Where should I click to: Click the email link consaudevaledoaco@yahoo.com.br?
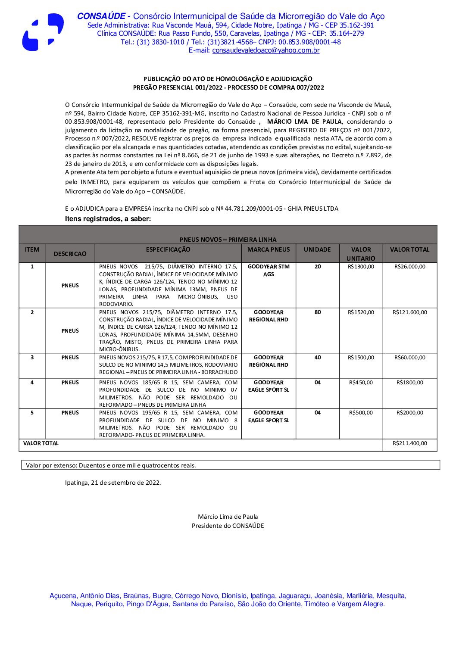pyautogui.click(x=265, y=50)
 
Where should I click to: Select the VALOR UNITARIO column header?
pyautogui.click(x=361, y=254)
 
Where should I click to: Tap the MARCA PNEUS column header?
pyautogui.click(x=269, y=249)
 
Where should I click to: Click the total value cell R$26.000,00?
pyautogui.click(x=409, y=267)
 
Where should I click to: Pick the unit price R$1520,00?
pyautogui.click(x=361, y=312)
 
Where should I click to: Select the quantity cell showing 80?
pyautogui.click(x=318, y=312)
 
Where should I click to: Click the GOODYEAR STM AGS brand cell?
pyautogui.click(x=269, y=270)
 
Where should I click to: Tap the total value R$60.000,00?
pyautogui.click(x=409, y=358)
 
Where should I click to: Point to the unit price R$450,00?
pyautogui.click(x=361, y=383)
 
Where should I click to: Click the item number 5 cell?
pyautogui.click(x=32, y=413)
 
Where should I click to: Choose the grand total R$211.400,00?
pyautogui.click(x=409, y=443)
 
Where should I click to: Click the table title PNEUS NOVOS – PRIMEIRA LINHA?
pyautogui.click(x=228, y=240)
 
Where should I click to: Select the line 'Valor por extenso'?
pyautogui.click(x=111, y=465)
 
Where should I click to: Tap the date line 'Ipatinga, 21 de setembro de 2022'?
pyautogui.click(x=113, y=483)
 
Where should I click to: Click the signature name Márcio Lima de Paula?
pyautogui.click(x=228, y=517)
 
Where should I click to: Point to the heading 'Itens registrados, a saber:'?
pyautogui.click(x=108, y=219)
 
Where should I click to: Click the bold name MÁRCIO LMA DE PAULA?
pyautogui.click(x=304, y=122)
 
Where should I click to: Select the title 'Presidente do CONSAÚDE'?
pyautogui.click(x=228, y=526)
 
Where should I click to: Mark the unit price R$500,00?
pyautogui.click(x=361, y=413)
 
